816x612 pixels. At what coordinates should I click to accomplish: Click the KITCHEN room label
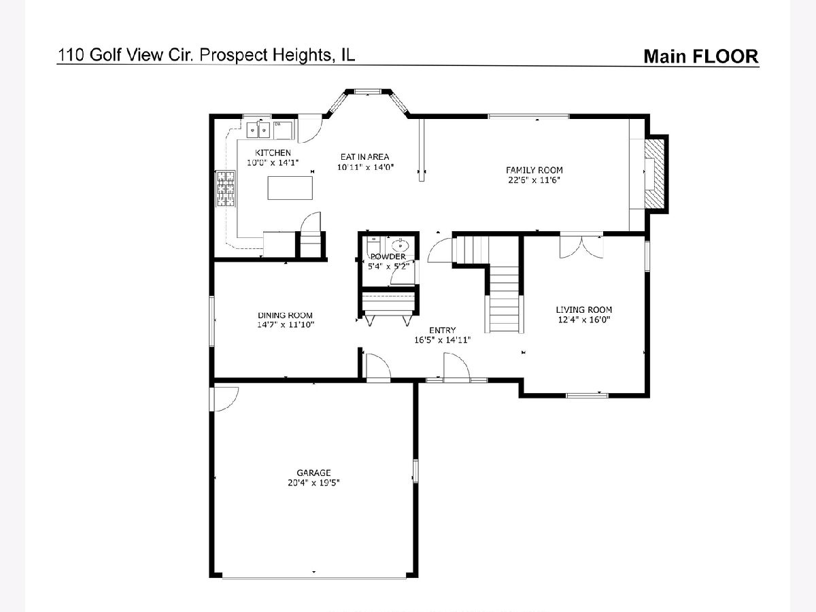click(x=273, y=153)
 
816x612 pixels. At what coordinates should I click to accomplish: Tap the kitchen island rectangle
click(x=290, y=188)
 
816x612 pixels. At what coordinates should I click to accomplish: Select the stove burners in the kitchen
click(x=226, y=188)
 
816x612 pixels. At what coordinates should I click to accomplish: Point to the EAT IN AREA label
click(x=364, y=157)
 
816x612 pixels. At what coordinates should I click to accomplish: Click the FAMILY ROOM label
click(x=534, y=170)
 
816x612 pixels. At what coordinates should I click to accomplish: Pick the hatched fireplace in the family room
click(x=654, y=174)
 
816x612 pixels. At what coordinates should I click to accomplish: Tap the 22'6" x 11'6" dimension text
click(x=534, y=180)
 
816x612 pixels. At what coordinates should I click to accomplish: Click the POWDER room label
click(x=388, y=257)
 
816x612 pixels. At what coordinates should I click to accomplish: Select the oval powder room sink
click(x=400, y=245)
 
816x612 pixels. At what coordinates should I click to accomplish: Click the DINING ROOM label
click(x=285, y=316)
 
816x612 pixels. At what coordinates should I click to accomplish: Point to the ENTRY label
click(x=443, y=330)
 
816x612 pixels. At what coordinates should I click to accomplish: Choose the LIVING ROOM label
click(x=584, y=309)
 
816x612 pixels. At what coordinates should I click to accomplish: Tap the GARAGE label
click(x=313, y=473)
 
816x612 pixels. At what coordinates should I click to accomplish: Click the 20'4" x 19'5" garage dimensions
click(x=313, y=483)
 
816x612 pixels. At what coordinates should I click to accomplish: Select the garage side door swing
click(x=226, y=399)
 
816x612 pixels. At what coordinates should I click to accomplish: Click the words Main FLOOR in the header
click(x=701, y=56)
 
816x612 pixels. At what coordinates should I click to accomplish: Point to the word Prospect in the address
click(x=233, y=55)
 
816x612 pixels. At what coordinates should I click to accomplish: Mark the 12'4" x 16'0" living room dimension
click(x=584, y=320)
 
